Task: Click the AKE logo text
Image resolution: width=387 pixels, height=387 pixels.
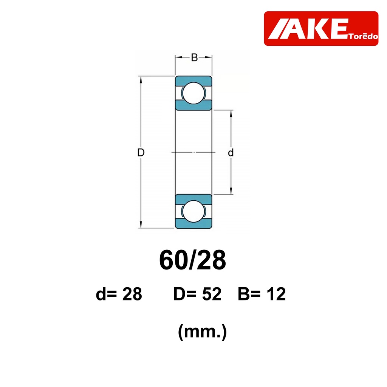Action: pos(308,29)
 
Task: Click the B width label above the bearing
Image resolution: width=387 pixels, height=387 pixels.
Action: pos(194,57)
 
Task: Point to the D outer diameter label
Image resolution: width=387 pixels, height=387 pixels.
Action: pos(141,153)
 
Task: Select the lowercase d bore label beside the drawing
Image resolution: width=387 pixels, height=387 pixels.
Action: pos(231,153)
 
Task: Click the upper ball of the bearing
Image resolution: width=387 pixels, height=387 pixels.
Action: pos(194,93)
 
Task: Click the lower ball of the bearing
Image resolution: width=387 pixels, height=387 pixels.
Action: pos(194,211)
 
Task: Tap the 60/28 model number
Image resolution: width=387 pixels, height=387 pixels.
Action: pos(192,260)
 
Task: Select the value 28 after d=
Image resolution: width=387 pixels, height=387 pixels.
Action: pos(132,294)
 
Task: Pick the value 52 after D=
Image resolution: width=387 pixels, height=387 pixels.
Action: pos(212,294)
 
